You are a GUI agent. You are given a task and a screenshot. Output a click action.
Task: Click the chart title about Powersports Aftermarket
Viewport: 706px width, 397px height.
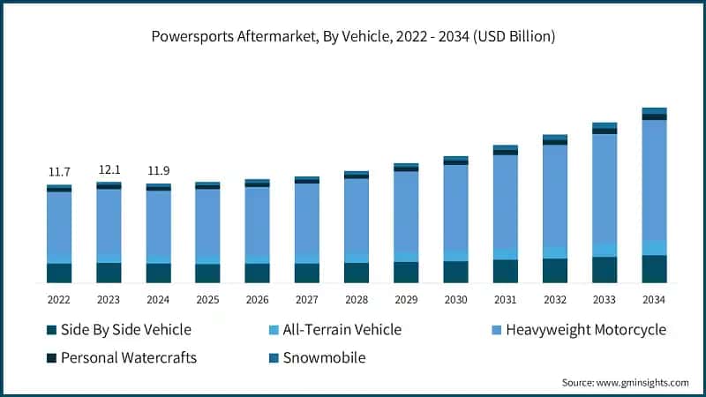352,37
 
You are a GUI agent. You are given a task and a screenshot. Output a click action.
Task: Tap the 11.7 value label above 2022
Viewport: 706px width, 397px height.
59,171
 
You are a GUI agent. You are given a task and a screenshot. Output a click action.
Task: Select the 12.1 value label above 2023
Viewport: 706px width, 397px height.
109,169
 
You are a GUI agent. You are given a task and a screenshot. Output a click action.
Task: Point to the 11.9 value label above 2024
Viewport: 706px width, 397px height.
158,170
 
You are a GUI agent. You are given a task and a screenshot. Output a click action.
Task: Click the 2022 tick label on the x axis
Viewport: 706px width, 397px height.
59,299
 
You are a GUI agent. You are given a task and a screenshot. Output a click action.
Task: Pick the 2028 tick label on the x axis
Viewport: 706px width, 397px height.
357,299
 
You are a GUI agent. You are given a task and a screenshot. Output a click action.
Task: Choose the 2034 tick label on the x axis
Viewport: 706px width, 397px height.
654,299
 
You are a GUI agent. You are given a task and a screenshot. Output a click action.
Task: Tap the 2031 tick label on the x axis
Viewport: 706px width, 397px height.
505,299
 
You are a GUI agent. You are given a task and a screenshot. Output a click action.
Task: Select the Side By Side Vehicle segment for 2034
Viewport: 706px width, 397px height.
654,269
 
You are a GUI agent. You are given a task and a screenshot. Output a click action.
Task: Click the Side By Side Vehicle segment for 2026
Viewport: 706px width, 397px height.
258,273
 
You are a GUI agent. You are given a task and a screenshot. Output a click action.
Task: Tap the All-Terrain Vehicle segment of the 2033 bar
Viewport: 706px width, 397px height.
605,250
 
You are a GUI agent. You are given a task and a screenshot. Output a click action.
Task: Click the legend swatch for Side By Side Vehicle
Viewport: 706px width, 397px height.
52,330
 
